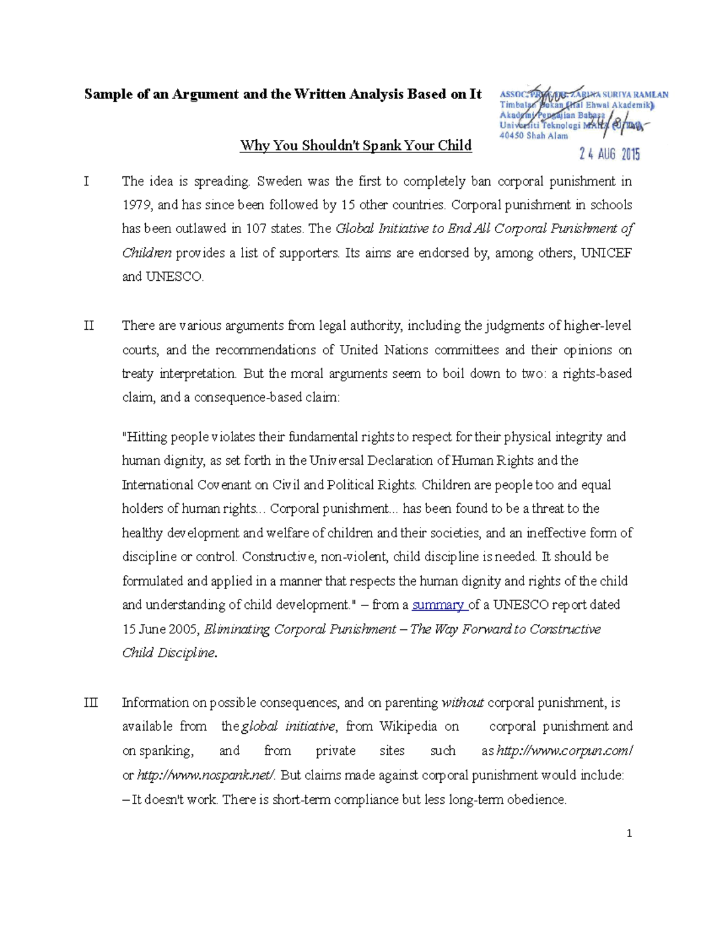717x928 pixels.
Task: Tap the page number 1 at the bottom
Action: click(x=629, y=834)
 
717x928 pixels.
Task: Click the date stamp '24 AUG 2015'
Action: click(x=609, y=154)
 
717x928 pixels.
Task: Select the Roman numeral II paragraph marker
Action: click(x=89, y=326)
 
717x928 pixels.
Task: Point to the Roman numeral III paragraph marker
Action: click(x=91, y=703)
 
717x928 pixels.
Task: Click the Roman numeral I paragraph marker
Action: click(x=87, y=181)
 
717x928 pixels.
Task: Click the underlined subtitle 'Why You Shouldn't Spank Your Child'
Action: click(x=356, y=145)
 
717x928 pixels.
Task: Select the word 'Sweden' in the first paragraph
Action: click(x=280, y=181)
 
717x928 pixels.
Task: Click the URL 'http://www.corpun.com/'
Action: click(x=565, y=751)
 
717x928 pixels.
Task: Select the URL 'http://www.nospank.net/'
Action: click(x=206, y=776)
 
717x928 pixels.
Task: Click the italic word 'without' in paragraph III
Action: click(x=462, y=703)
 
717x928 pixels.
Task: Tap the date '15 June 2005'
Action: click(x=161, y=629)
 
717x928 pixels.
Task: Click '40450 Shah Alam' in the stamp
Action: click(x=534, y=136)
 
